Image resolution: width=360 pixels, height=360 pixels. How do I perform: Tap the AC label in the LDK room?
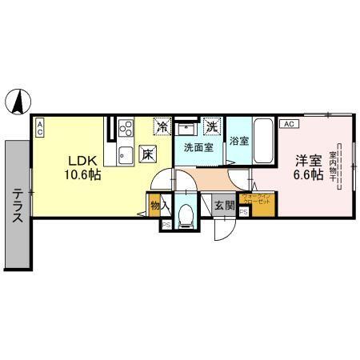coord(39,124)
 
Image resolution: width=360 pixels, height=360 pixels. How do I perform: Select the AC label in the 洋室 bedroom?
coord(289,123)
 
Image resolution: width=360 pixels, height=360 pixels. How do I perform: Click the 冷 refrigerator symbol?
coord(162,126)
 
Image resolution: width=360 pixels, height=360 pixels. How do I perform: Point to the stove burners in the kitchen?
coord(126,128)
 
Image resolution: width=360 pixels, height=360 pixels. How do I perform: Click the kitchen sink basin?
coord(125,154)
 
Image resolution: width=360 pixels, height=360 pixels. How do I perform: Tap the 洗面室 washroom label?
coord(198,147)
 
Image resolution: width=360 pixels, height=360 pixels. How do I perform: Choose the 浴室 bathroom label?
coord(238,142)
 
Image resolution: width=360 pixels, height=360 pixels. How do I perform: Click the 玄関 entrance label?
coord(223,205)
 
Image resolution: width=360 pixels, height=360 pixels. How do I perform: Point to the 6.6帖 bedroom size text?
coord(308,174)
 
